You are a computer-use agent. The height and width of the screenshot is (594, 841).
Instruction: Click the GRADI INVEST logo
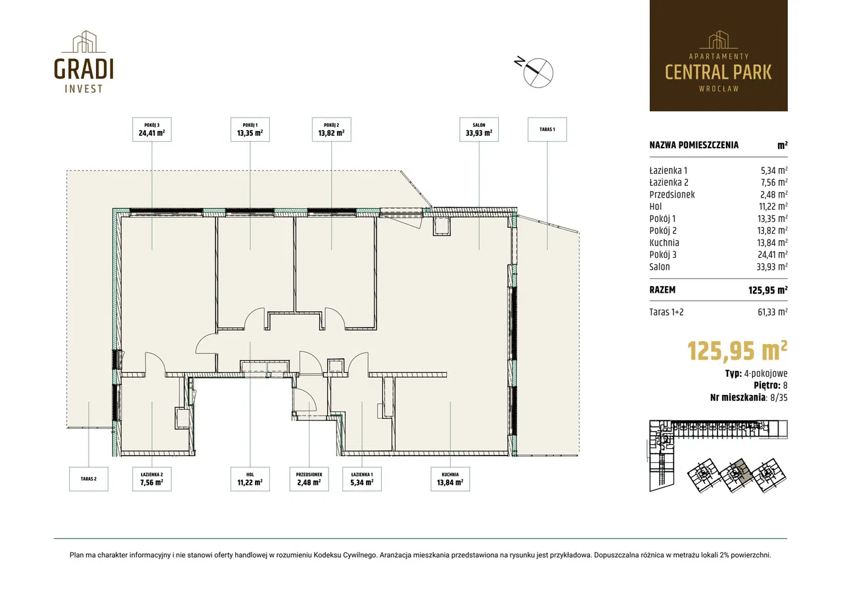(x=83, y=62)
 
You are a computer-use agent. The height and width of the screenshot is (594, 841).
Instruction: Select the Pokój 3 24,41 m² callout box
(x=152, y=129)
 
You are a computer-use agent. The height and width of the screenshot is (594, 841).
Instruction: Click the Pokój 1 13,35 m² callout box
(x=250, y=129)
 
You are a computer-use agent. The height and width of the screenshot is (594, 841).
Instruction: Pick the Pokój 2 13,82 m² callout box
(x=332, y=129)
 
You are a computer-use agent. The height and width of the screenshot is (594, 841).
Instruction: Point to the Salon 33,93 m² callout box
(x=479, y=129)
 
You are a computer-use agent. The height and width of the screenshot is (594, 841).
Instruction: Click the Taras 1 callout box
(x=547, y=129)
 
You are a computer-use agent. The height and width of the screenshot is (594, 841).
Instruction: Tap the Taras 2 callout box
(x=89, y=479)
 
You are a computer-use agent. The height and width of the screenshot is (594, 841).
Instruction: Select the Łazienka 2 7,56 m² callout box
(x=152, y=479)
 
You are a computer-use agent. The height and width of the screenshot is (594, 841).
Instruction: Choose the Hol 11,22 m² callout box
(x=250, y=479)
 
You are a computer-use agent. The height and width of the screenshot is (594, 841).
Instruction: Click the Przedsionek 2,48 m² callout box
(x=309, y=479)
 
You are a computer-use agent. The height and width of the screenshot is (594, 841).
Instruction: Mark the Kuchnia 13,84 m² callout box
(x=450, y=479)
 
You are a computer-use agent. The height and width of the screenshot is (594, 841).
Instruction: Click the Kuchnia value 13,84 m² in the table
(x=772, y=242)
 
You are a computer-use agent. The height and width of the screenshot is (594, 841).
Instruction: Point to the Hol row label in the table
(x=656, y=206)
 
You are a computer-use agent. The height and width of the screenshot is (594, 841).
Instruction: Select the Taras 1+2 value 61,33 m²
(x=772, y=312)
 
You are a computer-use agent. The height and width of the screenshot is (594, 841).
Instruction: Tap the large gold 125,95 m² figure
(x=737, y=350)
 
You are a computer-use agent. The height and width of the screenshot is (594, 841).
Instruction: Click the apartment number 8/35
(x=779, y=397)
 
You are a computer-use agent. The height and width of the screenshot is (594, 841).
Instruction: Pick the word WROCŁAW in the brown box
(x=719, y=89)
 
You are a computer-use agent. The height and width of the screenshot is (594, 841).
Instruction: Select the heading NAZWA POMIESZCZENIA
(x=694, y=145)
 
